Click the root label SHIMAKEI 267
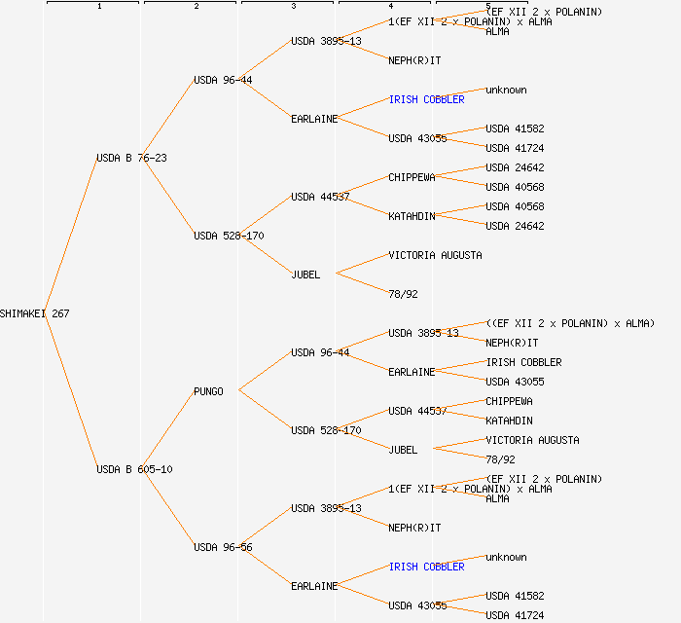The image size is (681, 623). tap(35, 313)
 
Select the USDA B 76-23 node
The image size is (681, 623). tap(131, 158)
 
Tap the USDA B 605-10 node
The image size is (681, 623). tap(134, 469)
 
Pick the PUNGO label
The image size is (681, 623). tap(208, 391)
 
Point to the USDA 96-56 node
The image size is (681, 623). tap(223, 547)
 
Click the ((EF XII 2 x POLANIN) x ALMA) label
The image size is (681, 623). tap(570, 323)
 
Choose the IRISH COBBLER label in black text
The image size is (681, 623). tap(523, 362)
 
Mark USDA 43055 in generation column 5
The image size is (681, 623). tap(515, 382)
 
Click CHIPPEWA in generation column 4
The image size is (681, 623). tap(412, 177)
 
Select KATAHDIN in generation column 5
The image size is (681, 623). tap(509, 421)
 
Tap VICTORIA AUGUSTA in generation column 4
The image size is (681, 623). tap(435, 255)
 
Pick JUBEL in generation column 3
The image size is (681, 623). tap(305, 275)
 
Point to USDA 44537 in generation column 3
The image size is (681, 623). tap(320, 197)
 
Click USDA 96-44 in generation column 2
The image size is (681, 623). tap(223, 80)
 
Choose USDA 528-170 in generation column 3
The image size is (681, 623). tap(326, 430)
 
